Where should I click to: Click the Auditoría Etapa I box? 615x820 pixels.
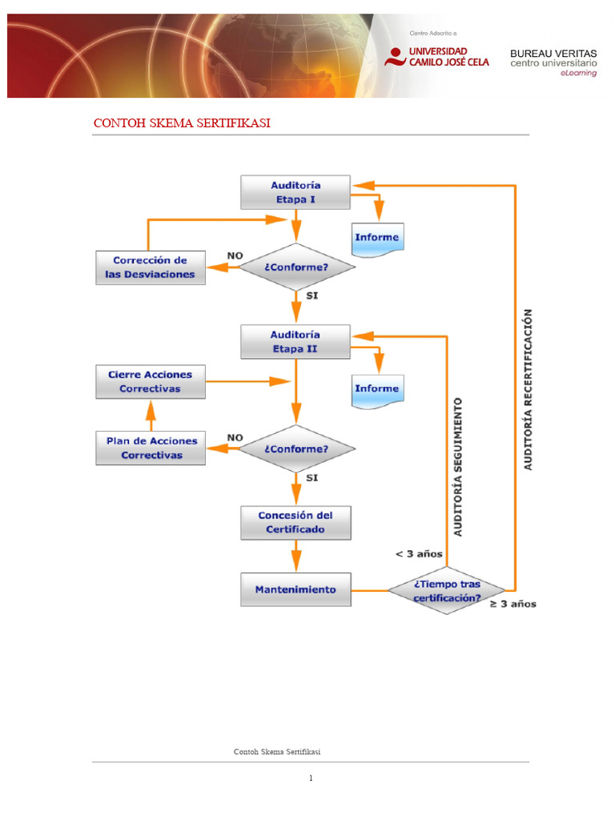pos(295,192)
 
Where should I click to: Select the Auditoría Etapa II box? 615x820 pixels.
pos(295,342)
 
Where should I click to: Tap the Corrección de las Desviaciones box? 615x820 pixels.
pos(151,267)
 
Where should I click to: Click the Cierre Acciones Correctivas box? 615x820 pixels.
pos(151,382)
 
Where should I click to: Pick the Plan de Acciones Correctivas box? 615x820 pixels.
pos(151,448)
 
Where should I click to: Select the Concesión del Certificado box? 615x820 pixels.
pos(296,523)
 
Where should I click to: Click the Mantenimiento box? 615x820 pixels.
pos(296,589)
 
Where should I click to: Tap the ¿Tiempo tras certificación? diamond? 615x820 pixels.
pos(447,590)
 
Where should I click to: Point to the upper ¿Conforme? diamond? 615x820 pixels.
pos(296,267)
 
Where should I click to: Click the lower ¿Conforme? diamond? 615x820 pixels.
pos(296,448)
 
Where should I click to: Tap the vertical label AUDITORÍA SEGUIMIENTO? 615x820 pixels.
pos(458,467)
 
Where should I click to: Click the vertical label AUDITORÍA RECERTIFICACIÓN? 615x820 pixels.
pos(529,390)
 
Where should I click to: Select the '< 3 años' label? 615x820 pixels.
pos(419,554)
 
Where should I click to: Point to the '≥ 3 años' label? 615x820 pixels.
pos(513,604)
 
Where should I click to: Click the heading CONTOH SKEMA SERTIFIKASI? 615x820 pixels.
pos(182,123)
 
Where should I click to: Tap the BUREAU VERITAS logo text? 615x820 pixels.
pos(553,54)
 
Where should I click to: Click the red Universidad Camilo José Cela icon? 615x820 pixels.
pos(396,57)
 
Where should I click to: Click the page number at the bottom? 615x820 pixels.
pos(311,778)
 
